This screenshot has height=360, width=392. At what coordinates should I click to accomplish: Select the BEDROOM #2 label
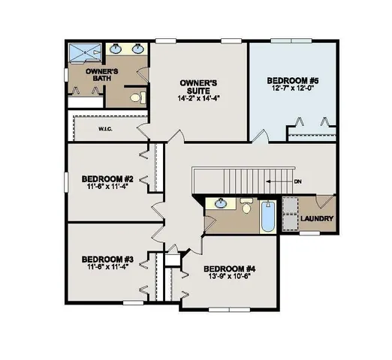(x=107, y=178)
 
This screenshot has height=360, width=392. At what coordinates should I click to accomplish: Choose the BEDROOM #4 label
(x=230, y=268)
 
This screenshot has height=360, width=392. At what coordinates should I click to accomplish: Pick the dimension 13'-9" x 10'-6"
(x=230, y=278)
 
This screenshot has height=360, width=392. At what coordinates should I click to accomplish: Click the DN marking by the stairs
(x=297, y=181)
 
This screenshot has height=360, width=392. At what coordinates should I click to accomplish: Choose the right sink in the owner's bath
(x=139, y=49)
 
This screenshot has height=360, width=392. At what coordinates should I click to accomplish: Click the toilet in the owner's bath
(x=134, y=97)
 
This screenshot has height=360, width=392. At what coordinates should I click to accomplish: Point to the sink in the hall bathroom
(x=221, y=203)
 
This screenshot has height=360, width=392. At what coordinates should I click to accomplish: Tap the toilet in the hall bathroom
(x=246, y=205)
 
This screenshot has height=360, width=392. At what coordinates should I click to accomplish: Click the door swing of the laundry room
(x=324, y=202)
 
